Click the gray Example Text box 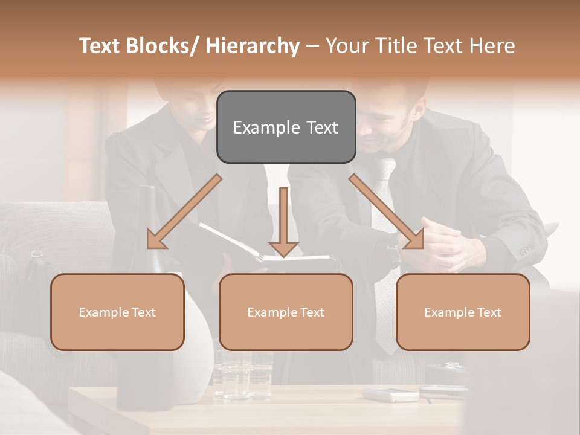pyautogui.click(x=286, y=127)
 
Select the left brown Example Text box pyautogui.click(x=117, y=312)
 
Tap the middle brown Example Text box pyautogui.click(x=286, y=312)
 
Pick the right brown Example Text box pyautogui.click(x=463, y=312)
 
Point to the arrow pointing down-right pyautogui.click(x=387, y=211)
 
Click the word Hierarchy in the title pyautogui.click(x=253, y=46)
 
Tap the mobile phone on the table pyautogui.click(x=390, y=395)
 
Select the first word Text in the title pyautogui.click(x=100, y=46)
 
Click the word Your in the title pyautogui.click(x=346, y=46)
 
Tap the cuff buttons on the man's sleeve pyautogui.click(x=527, y=248)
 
